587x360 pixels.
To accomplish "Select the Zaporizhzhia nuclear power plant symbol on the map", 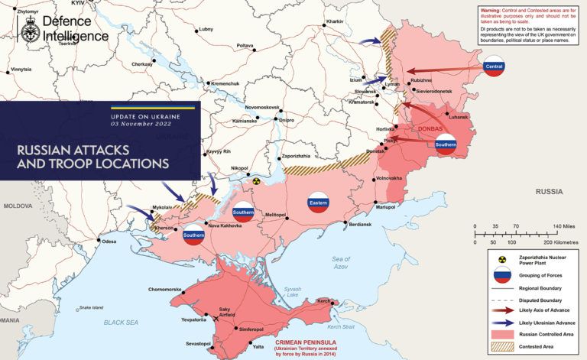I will pyautogui.click(x=258, y=182).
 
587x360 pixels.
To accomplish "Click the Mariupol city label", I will pyautogui.click(x=385, y=207).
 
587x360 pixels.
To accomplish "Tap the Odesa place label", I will pyautogui.click(x=109, y=242).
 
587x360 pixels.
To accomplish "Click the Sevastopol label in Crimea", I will pyautogui.click(x=196, y=344).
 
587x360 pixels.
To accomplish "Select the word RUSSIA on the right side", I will pyautogui.click(x=549, y=190).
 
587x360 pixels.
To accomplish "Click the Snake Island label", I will pyautogui.click(x=90, y=308).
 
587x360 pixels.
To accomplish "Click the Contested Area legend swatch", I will pyautogui.click(x=502, y=347).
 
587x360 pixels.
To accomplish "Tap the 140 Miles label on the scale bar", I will pyautogui.click(x=563, y=227).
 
